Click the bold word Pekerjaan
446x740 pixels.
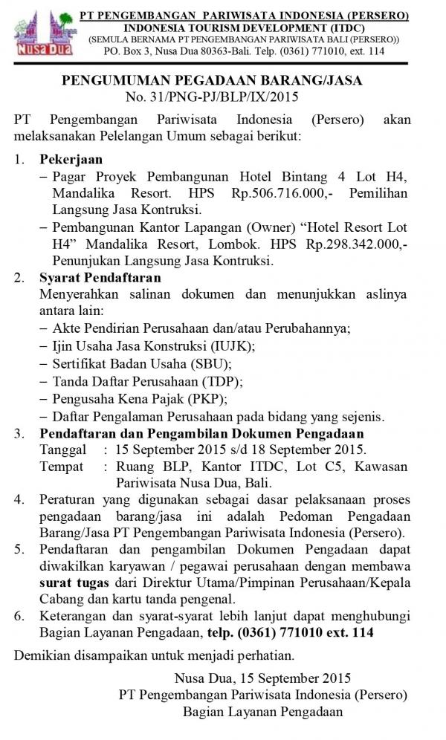click(x=71, y=160)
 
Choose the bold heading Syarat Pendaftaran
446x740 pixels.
click(x=100, y=278)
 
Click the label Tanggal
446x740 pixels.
click(x=62, y=450)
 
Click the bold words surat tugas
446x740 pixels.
click(x=68, y=584)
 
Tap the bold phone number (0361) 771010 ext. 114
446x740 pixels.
click(x=310, y=632)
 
